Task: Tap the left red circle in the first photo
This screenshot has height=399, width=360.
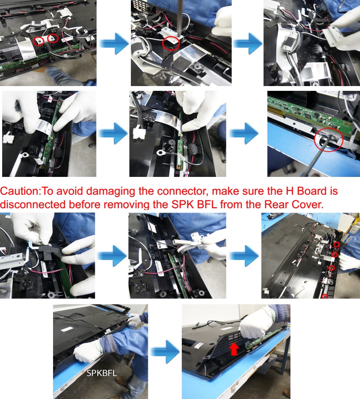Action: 40,41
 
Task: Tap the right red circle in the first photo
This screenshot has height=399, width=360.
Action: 53,38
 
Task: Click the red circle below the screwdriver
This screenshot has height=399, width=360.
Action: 170,43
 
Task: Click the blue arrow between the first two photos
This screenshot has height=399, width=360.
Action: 113,43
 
